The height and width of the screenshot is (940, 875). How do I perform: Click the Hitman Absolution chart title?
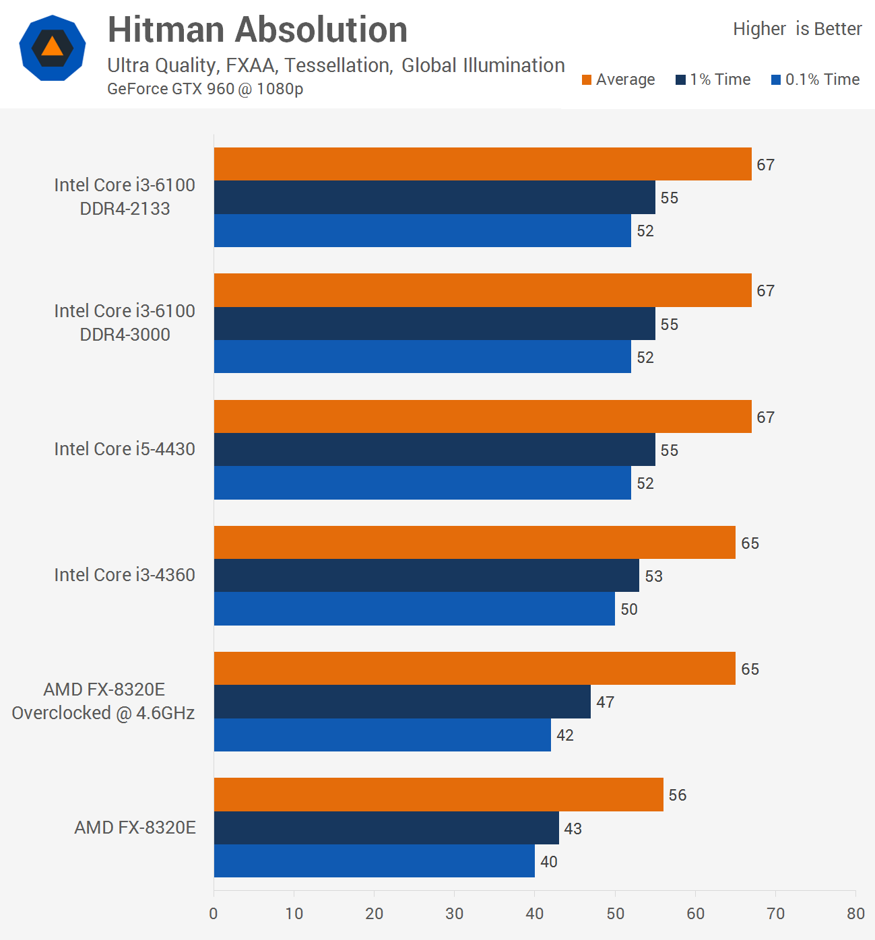click(257, 30)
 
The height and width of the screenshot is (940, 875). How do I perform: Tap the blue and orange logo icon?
click(53, 48)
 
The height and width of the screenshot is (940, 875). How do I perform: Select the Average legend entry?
click(618, 79)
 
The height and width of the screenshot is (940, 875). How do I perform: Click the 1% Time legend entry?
click(713, 79)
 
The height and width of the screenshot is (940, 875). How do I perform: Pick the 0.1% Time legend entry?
click(816, 79)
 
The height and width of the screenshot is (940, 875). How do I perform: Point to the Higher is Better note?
click(797, 29)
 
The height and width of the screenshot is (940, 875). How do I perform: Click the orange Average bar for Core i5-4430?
click(482, 416)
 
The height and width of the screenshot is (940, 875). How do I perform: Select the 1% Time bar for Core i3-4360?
click(426, 576)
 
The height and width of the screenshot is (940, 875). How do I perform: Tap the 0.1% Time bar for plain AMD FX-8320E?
click(374, 861)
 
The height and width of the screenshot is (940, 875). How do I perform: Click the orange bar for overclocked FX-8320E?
click(474, 669)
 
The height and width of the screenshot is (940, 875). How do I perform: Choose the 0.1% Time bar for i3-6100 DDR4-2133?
click(422, 230)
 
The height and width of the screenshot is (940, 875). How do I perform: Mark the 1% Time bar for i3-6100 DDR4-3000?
click(434, 324)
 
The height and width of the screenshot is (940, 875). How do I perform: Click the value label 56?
click(678, 795)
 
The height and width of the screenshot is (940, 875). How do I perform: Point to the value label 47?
click(606, 702)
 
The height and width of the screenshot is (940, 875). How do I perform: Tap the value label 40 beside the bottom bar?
click(549, 862)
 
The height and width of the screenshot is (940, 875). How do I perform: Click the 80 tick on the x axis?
click(855, 914)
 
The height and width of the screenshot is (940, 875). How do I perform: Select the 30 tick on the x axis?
click(454, 914)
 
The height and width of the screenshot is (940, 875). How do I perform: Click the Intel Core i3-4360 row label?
click(125, 575)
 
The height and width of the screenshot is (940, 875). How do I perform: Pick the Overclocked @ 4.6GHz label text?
click(103, 713)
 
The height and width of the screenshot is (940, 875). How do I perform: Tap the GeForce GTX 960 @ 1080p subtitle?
click(205, 89)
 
